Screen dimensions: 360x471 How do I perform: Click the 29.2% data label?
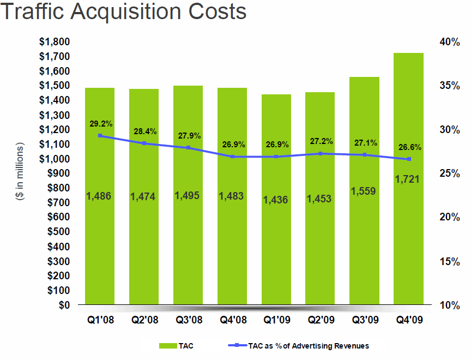pos(101,124)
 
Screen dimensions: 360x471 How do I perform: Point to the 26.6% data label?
pos(409,147)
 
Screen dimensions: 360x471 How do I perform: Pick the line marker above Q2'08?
pos(144,143)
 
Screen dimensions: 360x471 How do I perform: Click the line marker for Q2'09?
pos(321,154)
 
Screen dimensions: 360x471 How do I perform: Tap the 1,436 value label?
pos(276,200)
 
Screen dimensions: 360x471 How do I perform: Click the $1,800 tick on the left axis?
pos(54,42)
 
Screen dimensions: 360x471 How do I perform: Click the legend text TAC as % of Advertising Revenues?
pos(309,346)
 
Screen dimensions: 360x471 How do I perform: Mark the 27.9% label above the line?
pos(190,135)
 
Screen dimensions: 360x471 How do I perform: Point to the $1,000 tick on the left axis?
pos(54,159)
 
